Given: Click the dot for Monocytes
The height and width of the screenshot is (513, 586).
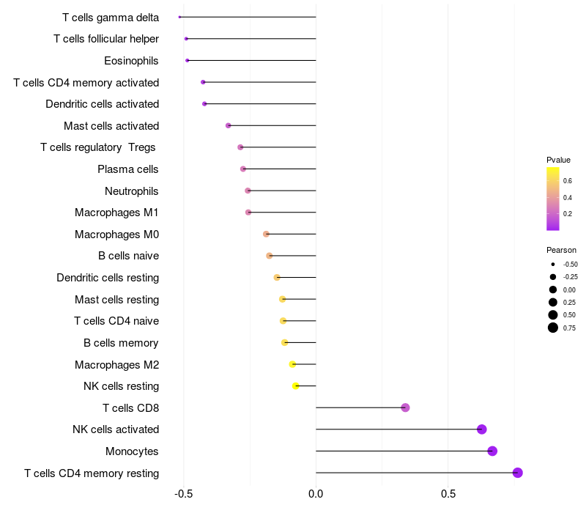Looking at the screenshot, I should point(492,451).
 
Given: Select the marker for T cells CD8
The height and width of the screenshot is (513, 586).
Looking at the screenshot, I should point(405,407).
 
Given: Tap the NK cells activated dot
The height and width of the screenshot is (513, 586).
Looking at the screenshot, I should point(481,429).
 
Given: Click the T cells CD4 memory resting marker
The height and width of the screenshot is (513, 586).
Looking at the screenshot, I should point(518,473).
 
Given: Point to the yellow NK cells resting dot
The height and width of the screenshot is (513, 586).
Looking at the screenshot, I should point(296,385).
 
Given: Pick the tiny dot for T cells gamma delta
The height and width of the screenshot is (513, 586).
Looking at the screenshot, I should point(179,17).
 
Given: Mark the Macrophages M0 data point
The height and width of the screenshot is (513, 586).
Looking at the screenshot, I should point(266,234).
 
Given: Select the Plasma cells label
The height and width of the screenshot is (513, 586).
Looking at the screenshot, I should point(127,169).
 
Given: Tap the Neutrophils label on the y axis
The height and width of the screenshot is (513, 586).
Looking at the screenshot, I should point(131,191).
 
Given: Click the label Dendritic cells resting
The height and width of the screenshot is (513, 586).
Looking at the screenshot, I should point(108,278).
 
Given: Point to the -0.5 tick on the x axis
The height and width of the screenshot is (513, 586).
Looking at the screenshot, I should point(183,494).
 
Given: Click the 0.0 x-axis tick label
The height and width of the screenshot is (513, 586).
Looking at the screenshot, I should point(316,494).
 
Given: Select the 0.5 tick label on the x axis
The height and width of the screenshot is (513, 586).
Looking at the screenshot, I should point(448,494).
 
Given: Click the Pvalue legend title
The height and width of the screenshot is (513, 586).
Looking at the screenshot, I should point(558,160).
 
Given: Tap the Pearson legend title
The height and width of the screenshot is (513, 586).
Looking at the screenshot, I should point(561,250).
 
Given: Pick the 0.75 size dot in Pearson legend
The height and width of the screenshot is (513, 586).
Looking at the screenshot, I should point(553,328).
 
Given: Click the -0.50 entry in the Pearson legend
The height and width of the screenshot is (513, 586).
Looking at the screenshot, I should point(553,264).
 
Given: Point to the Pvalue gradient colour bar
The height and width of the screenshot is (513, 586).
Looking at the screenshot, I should point(553,199).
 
